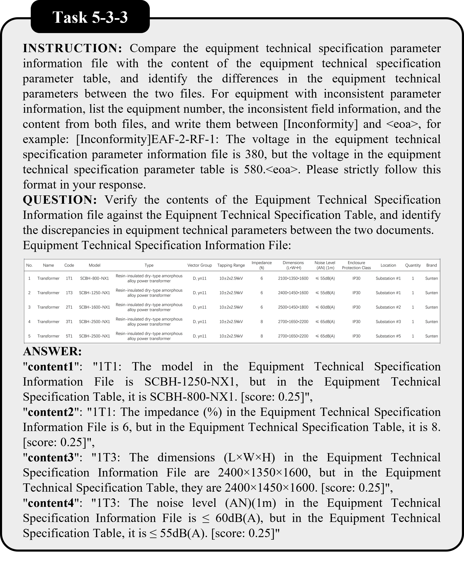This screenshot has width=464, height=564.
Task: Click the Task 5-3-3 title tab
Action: coord(90,18)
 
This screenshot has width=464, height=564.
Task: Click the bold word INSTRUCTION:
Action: coord(72,48)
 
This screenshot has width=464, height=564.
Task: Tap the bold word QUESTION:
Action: coord(60,200)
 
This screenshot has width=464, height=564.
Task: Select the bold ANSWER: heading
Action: coord(52,351)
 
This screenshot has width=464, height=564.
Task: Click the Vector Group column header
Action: coord(199,265)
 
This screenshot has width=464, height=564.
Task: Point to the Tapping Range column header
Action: coord(231,265)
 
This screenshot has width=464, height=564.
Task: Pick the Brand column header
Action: coord(431,265)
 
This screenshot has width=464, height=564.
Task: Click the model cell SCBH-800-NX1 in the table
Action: coord(94,278)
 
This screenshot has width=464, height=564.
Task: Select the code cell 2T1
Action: coord(69,307)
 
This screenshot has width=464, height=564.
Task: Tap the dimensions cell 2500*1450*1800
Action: coord(293,307)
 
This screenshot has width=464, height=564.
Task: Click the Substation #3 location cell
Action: coord(388,321)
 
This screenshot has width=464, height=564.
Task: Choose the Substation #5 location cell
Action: coord(388,336)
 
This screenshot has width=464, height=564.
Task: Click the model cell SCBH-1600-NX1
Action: coord(94,307)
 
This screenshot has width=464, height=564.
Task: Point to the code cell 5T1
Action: coord(69,336)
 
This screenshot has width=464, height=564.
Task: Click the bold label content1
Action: coord(50,367)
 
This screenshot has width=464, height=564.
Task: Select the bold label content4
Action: coord(50,503)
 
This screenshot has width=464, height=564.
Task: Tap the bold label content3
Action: coord(50,457)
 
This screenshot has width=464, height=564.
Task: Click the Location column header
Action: coord(388,265)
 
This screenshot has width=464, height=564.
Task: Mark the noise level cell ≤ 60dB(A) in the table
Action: coord(325,307)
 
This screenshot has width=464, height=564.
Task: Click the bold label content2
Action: coord(50,412)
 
